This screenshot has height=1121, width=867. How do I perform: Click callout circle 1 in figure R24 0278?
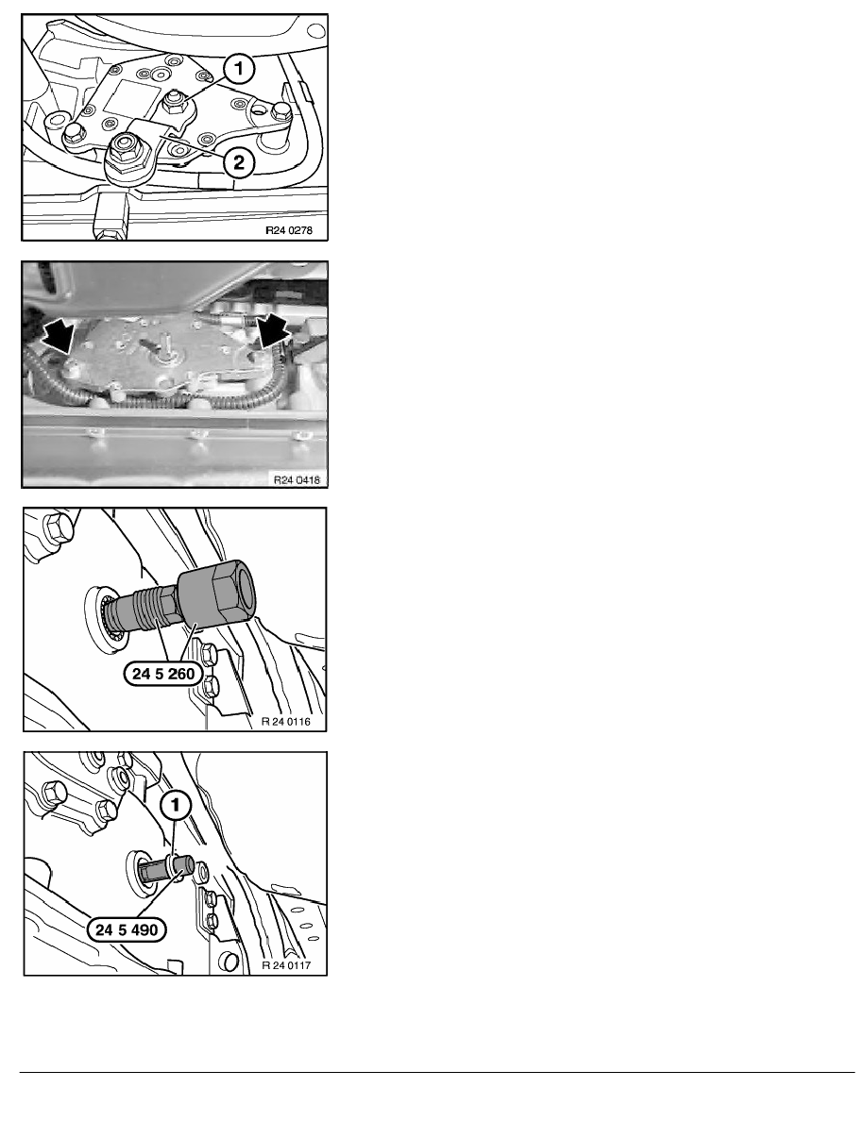coord(240,69)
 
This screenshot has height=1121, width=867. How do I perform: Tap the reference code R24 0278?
coord(289,230)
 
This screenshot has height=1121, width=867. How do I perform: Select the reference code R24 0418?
coord(297,479)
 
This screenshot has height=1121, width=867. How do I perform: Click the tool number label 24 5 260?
coord(163,674)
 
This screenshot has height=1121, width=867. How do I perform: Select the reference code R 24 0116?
coord(286,721)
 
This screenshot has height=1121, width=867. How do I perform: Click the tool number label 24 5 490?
coord(127,929)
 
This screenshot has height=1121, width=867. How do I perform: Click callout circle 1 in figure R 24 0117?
coord(175,806)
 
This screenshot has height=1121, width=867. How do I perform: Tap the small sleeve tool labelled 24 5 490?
coord(165,867)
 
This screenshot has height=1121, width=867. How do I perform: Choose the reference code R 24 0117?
coord(286,965)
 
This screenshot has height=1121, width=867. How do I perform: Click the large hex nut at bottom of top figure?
coord(127,149)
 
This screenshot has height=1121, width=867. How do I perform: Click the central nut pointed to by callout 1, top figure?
coord(172,105)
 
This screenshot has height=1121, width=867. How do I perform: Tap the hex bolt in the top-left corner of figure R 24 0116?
coord(58,527)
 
